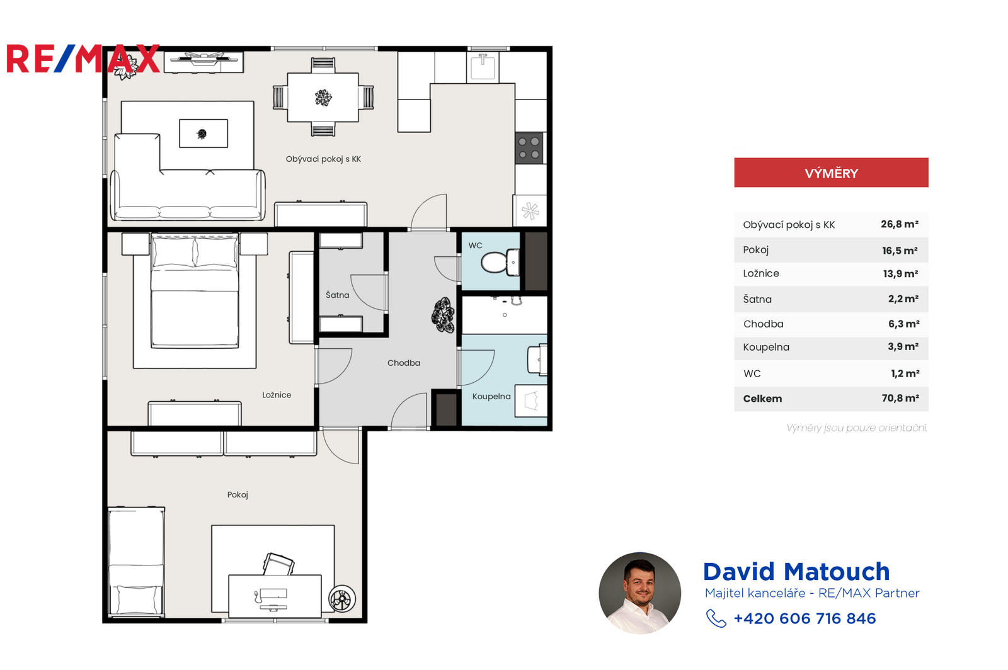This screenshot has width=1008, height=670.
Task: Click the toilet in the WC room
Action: click(x=500, y=262)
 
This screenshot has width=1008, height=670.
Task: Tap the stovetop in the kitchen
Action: click(x=529, y=148)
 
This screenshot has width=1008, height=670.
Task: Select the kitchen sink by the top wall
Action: click(x=483, y=67)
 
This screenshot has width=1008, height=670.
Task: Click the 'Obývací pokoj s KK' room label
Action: click(x=323, y=159)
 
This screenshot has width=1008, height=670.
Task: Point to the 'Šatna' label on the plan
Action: click(x=338, y=295)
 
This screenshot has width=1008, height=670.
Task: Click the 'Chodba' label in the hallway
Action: click(x=404, y=363)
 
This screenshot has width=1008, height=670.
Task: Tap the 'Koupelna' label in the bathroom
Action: click(x=491, y=396)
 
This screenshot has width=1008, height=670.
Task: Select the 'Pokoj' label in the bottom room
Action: click(x=238, y=495)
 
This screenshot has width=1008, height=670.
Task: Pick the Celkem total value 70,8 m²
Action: click(x=900, y=398)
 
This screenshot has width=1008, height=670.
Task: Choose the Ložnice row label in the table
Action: click(x=761, y=273)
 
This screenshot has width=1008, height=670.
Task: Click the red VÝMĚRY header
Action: click(x=831, y=173)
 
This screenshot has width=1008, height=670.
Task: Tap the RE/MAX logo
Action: click(x=83, y=59)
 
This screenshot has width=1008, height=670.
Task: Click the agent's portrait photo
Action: click(x=639, y=593)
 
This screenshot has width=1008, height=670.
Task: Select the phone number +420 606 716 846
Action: click(x=805, y=618)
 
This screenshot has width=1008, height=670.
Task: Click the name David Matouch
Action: click(x=796, y=572)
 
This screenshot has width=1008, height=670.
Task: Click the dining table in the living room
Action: click(x=323, y=97)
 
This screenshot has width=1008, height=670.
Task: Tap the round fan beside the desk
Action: click(x=342, y=598)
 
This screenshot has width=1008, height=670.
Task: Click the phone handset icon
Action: click(x=716, y=618)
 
